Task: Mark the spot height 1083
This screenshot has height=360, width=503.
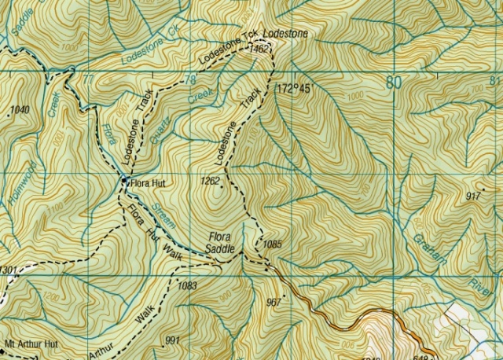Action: pos(187,285)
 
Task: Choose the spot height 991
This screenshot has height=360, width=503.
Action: pos(174,340)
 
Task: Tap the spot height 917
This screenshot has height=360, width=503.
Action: pos(473,196)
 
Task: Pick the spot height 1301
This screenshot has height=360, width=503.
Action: pos(8,270)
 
